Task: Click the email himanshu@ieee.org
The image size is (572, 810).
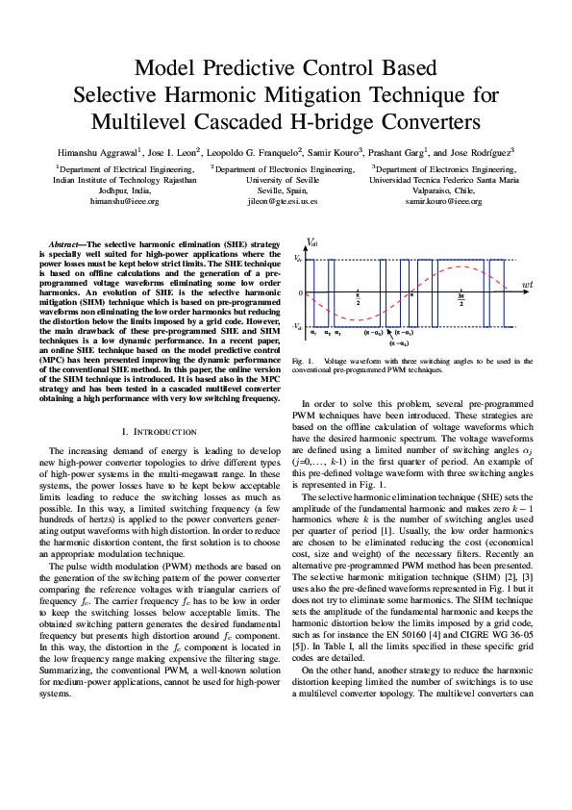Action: pyautogui.click(x=124, y=201)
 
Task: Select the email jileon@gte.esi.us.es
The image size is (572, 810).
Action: pyautogui.click(x=274, y=201)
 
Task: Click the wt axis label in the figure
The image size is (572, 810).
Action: pyautogui.click(x=527, y=286)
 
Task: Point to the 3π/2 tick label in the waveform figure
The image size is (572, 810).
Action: pyautogui.click(x=461, y=301)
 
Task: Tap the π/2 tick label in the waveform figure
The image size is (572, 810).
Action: pyautogui.click(x=358, y=301)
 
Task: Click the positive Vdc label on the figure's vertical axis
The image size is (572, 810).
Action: pyautogui.click(x=298, y=259)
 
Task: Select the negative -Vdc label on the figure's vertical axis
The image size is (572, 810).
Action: pyautogui.click(x=298, y=327)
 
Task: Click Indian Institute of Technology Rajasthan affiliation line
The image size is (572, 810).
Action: pyautogui.click(x=124, y=179)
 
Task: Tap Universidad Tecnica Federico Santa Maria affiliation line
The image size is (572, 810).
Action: pyautogui.click(x=444, y=179)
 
